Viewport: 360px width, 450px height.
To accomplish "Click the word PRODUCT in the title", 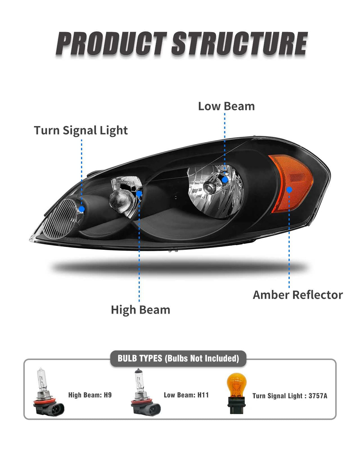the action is pyautogui.click(x=111, y=44).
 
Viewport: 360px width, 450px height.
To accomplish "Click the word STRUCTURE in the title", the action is pyautogui.click(x=239, y=44).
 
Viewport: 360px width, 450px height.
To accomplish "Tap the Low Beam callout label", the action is pyautogui.click(x=226, y=106).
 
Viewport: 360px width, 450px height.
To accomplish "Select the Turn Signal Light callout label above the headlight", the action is pyautogui.click(x=81, y=130).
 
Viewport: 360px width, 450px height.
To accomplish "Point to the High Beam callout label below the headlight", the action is pyautogui.click(x=140, y=310).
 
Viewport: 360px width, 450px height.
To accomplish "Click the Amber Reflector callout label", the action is pyautogui.click(x=298, y=295).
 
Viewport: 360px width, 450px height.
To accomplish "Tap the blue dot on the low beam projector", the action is pyautogui.click(x=225, y=180).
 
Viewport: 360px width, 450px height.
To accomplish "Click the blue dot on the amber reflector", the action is pyautogui.click(x=289, y=190).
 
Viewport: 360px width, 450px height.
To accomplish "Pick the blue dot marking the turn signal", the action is pyautogui.click(x=82, y=209).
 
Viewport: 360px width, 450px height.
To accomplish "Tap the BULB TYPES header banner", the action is pyautogui.click(x=178, y=358).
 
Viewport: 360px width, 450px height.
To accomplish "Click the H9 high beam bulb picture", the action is pyautogui.click(x=49, y=393).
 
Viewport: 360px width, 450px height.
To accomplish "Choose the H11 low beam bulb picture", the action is pyautogui.click(x=145, y=393).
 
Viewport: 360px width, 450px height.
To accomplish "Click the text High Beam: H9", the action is pyautogui.click(x=90, y=395).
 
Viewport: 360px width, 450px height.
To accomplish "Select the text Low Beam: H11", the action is pyautogui.click(x=186, y=395).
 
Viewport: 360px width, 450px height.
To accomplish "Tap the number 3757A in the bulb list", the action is pyautogui.click(x=318, y=396).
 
